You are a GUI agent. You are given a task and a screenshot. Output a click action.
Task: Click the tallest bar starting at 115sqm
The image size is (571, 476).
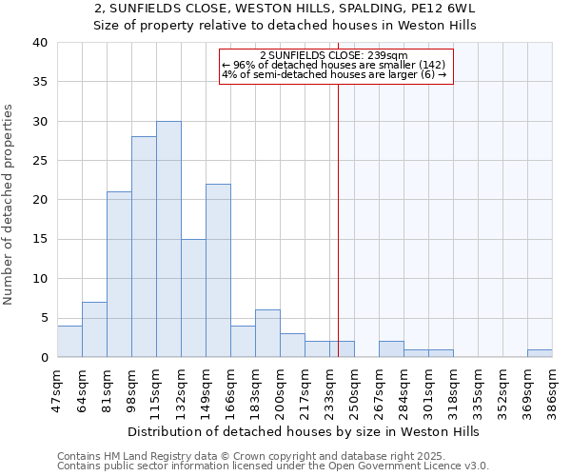(168, 239)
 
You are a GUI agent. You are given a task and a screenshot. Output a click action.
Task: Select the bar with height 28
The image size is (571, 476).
(144, 247)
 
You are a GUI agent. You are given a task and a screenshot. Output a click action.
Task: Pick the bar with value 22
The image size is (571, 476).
(218, 270)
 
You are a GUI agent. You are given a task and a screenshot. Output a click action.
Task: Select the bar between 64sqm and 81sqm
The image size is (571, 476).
(94, 329)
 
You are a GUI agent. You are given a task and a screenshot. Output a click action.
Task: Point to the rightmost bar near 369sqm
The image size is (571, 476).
(540, 353)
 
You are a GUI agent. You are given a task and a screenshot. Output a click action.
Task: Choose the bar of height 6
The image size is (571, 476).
(267, 333)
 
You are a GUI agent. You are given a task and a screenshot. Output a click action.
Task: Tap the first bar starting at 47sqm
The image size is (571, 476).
(69, 341)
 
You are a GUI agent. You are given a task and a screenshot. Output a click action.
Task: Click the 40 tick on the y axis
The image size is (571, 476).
(41, 43)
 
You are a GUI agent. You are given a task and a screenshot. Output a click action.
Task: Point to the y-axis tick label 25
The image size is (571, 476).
(41, 161)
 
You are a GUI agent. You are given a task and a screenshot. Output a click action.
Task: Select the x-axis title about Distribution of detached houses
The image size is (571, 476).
(303, 431)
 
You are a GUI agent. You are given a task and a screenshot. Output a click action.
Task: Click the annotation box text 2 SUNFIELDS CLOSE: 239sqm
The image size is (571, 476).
(333, 56)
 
